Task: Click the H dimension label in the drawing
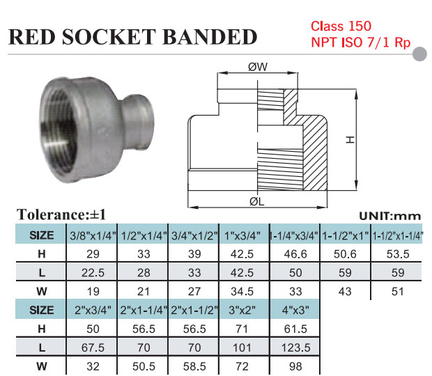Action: [x=350, y=139]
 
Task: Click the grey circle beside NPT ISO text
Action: [x=421, y=53]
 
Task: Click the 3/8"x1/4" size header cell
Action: [x=93, y=235]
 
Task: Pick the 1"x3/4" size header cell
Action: [x=244, y=235]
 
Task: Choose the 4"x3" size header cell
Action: [x=295, y=307]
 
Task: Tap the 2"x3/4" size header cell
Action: [x=93, y=307]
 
